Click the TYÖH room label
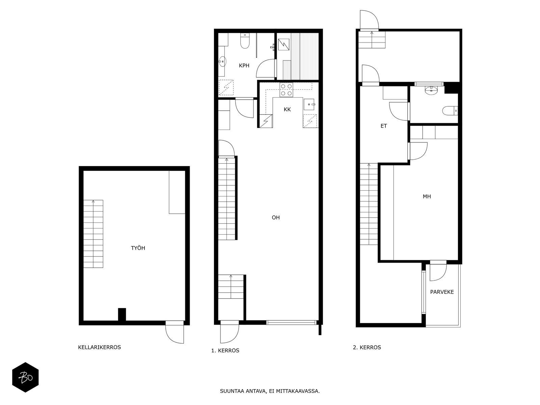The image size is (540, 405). click(138, 248)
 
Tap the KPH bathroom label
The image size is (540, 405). click(244, 65)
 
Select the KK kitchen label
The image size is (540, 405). click(287, 109)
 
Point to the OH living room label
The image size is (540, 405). click(276, 218)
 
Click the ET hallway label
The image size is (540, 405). click(383, 126)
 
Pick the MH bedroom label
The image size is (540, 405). click(427, 196)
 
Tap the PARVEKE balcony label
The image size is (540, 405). click(442, 292)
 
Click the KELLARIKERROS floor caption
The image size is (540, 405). click(99, 347)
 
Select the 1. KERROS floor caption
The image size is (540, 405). click(225, 350)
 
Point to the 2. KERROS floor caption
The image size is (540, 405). click(367, 347)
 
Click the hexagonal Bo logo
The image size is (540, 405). click(25, 377)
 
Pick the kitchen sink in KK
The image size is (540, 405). click(309, 105)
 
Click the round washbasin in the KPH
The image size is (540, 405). click(222, 61)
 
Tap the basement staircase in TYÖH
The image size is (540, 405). click(93, 234)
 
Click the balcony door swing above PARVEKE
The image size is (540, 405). click(438, 271)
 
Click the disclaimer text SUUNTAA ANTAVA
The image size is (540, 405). click(270, 391)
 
